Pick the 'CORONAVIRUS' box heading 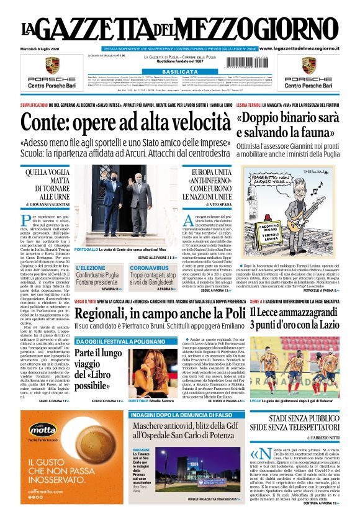(x=150, y=268)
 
